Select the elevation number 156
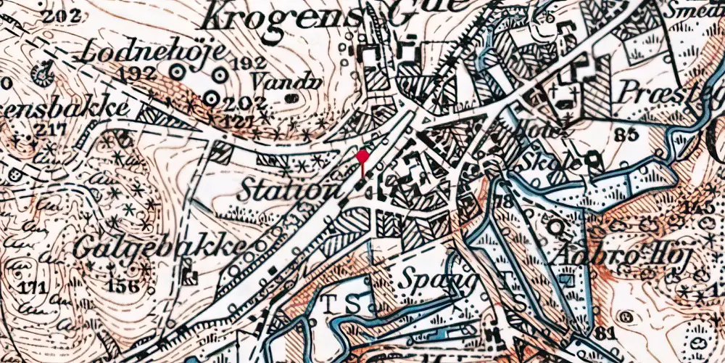click(123, 285)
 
